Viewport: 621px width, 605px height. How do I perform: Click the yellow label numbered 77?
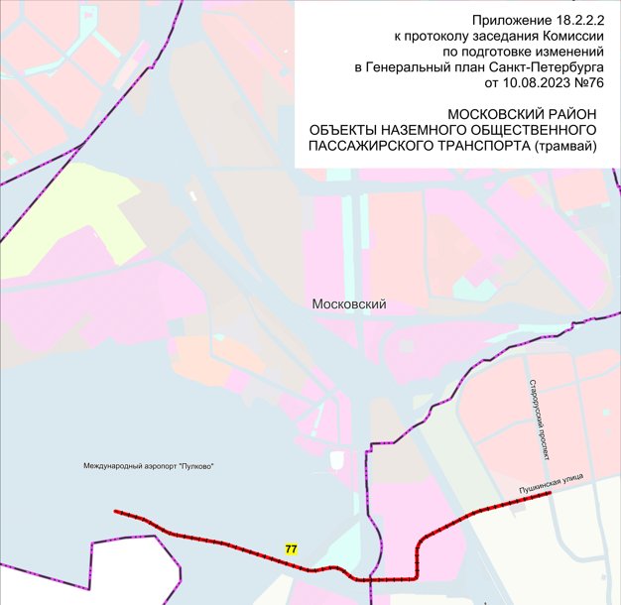click(x=291, y=548)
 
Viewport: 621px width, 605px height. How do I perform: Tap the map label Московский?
click(x=348, y=304)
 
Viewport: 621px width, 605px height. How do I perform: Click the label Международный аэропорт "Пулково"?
click(x=149, y=467)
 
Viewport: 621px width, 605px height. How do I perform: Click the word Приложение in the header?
click(x=507, y=20)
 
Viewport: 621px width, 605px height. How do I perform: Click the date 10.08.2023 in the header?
click(x=522, y=83)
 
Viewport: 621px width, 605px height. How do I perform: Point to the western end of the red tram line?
click(x=116, y=512)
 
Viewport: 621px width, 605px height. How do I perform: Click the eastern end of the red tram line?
click(x=551, y=495)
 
